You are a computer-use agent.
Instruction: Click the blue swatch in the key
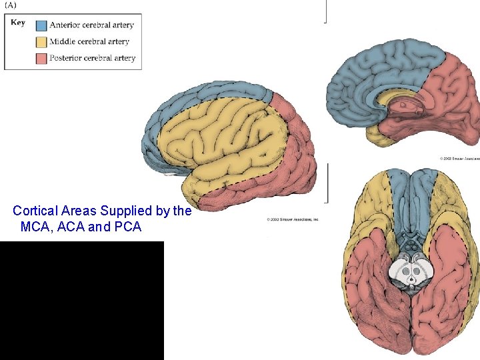pos(41,26)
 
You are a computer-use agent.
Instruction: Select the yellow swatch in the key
pos(41,42)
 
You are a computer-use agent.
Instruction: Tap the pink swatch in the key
pos(41,58)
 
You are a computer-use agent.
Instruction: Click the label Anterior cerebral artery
pos(93,25)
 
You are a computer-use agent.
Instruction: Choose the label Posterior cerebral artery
pos(94,58)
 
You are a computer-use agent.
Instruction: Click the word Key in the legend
pos(18,22)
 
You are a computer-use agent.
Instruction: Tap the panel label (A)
pos(12,5)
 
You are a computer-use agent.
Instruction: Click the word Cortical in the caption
pos(35,211)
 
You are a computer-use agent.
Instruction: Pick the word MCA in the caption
pos(36,227)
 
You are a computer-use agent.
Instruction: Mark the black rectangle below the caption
pos(81,300)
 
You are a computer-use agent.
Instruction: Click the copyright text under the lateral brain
pos(293,219)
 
